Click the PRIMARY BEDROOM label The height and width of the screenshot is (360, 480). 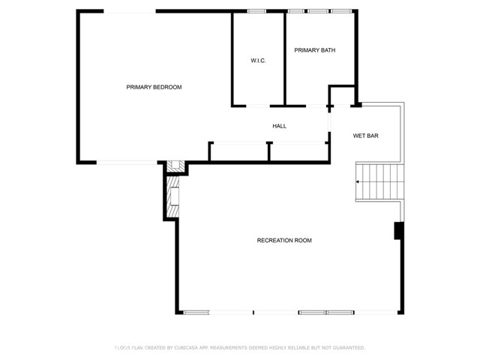coord(154,87)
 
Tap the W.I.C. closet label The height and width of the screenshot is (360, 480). coord(258,61)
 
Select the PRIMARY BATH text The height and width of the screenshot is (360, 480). coord(315,50)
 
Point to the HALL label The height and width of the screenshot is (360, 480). coord(280,126)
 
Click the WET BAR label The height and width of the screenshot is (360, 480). coord(365,136)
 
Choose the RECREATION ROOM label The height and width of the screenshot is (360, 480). coord(284,241)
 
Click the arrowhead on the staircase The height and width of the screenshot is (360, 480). coord(357,181)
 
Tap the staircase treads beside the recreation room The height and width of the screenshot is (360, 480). coord(379,181)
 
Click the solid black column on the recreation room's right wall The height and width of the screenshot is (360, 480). coord(398,230)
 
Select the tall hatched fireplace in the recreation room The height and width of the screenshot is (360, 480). coord(172,196)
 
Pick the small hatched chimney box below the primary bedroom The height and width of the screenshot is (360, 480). coord(175,166)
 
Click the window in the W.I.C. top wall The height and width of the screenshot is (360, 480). coord(256,11)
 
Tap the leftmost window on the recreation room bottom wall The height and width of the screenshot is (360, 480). coord(196,313)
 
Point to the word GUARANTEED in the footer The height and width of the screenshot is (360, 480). coord(348,348)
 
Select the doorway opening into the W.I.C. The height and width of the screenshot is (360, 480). coord(258,106)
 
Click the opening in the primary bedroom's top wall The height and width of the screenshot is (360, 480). coord(130,11)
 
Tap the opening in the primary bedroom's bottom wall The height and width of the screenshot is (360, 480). coord(127,163)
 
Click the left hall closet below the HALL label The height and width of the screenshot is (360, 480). coord(238,151)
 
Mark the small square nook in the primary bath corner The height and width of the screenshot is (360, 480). coord(342,97)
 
